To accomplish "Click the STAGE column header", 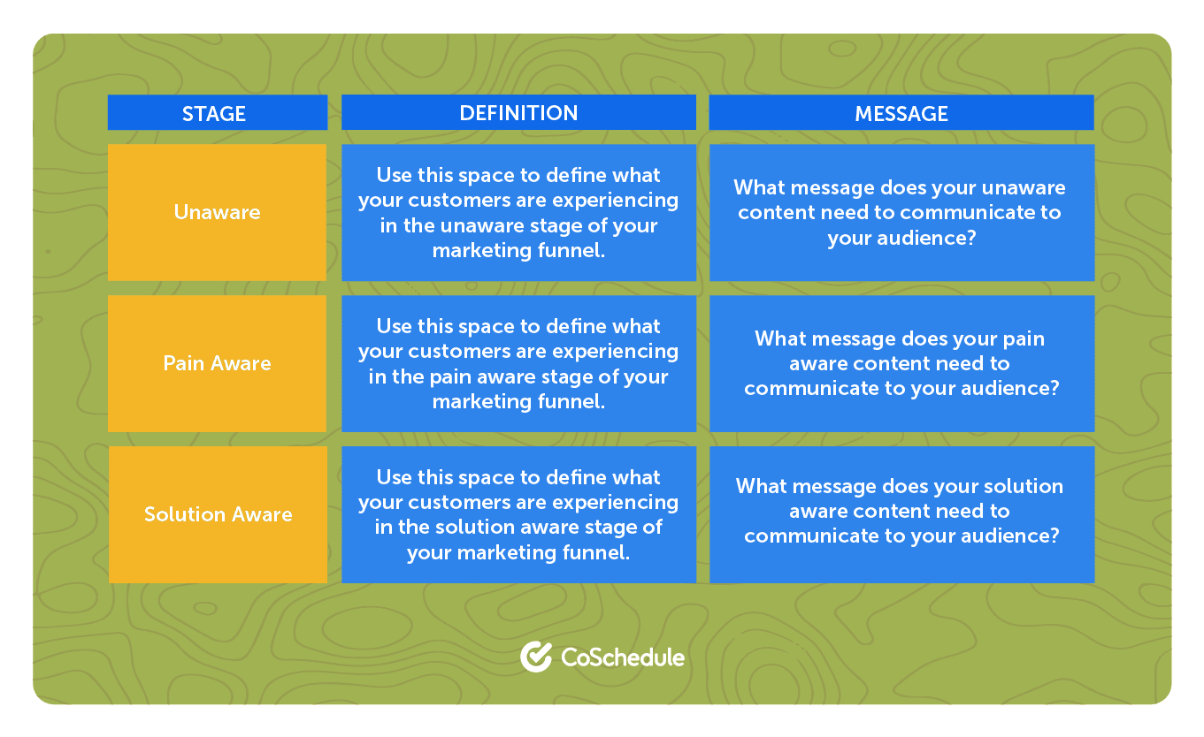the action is point(217,112).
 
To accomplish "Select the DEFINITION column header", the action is point(518,112).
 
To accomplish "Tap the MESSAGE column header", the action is point(901,112).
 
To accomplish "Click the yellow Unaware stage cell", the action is point(217,212).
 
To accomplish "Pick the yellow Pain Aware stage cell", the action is point(217,363).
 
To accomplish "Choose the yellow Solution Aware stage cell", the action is point(218,514).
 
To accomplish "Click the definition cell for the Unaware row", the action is point(518,212).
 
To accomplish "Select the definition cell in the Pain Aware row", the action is point(518,363).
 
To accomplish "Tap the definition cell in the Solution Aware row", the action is point(518,514).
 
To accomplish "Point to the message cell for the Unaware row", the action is point(902,212).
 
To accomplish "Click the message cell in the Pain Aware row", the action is point(902,363).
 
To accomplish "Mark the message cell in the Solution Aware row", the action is point(902,514).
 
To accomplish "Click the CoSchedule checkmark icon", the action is point(536,657).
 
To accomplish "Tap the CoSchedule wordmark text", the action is point(623,657).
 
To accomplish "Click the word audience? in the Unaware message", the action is point(926,238).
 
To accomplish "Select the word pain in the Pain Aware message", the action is point(1024,339).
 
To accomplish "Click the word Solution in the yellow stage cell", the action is point(184,514).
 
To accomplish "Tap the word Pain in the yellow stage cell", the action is point(183,363).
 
